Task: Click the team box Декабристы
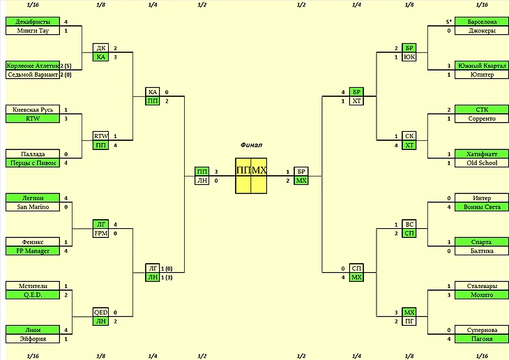pyautogui.click(x=30, y=22)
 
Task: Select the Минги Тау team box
pyautogui.click(x=30, y=31)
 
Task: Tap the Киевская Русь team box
pyautogui.click(x=30, y=110)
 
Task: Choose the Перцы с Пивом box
pyautogui.click(x=30, y=163)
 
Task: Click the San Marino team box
pyautogui.click(x=30, y=207)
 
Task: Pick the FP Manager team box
pyautogui.click(x=30, y=250)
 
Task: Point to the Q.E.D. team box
pyautogui.click(x=30, y=294)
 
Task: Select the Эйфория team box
pyautogui.click(x=30, y=338)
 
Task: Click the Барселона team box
pyautogui.click(x=477, y=22)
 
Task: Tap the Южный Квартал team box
pyautogui.click(x=477, y=66)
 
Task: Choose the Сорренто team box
pyautogui.click(x=477, y=119)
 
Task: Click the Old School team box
pyautogui.click(x=477, y=163)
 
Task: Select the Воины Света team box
pyautogui.click(x=477, y=207)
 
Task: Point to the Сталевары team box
pyautogui.click(x=477, y=286)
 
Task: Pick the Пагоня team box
pyautogui.click(x=477, y=338)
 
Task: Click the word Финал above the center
pyautogui.click(x=251, y=144)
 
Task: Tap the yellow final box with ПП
pyautogui.click(x=243, y=170)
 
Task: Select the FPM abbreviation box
pyautogui.click(x=101, y=233)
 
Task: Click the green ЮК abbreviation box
pyautogui.click(x=410, y=57)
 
